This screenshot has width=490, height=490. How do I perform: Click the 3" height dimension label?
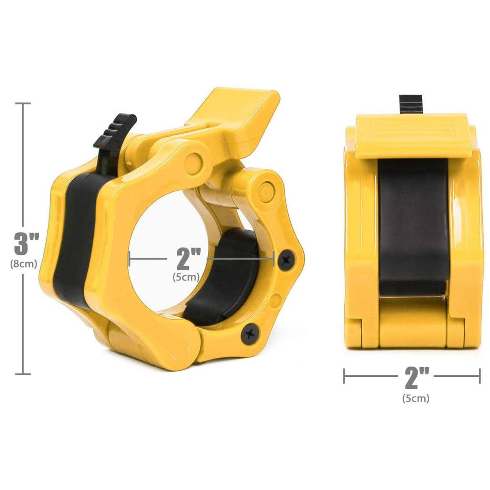pos(27,244)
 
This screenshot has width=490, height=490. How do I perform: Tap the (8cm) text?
pos(24,264)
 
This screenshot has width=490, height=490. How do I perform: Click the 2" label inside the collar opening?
pos(188,259)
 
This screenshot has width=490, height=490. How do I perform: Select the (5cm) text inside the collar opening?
pos(186,277)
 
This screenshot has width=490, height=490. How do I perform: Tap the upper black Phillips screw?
pos(287,259)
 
